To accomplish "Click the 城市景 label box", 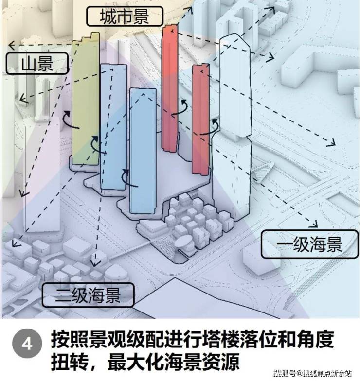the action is [125, 17].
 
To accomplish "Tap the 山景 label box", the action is [37, 63].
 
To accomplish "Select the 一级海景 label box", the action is [309, 244].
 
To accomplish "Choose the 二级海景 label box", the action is [88, 294].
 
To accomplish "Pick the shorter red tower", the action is [200, 120].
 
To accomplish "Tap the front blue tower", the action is [143, 151].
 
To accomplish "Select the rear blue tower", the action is [113, 126].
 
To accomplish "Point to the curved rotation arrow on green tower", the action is [71, 120].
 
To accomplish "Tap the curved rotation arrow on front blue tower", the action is [128, 179].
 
